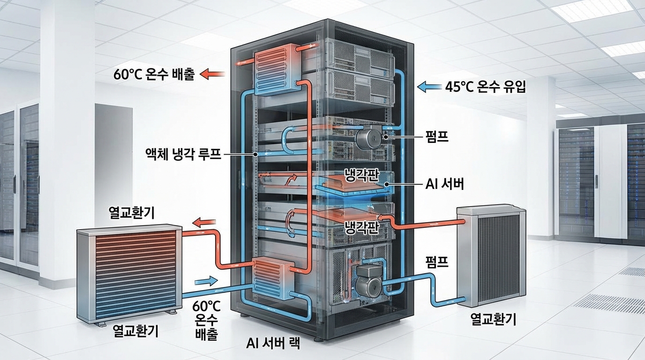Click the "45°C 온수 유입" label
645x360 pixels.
485,87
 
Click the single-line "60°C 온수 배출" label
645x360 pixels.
154,74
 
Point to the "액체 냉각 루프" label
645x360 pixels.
183,153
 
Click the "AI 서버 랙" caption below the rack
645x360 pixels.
273,343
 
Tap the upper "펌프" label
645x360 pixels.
437,137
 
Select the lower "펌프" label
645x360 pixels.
437,262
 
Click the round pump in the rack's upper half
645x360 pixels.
370,137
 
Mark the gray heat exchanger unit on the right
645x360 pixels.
492,255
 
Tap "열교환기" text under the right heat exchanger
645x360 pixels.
493,320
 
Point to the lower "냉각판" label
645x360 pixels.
361,228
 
